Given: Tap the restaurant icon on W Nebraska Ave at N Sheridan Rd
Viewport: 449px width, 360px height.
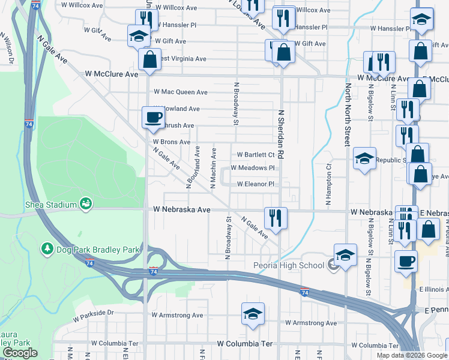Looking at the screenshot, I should coord(276,217).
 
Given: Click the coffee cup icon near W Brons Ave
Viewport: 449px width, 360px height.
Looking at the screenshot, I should coord(153,116).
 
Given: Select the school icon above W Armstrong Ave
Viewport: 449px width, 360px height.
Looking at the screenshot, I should coord(253,313).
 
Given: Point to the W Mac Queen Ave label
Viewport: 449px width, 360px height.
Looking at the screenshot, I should coord(180,92).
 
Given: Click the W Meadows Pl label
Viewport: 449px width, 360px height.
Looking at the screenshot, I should coord(252,168).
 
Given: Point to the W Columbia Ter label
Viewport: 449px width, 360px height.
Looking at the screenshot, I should coord(244,344).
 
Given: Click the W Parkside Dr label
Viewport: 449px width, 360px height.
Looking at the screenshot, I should coord(93,313).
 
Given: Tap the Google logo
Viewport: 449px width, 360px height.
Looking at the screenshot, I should coord(20,353).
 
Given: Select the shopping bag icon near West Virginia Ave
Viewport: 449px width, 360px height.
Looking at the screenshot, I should coord(149,59).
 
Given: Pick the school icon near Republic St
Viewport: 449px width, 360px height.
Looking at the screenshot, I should coord(364,158).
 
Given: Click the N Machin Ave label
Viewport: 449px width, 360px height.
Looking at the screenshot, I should coord(213,162).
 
